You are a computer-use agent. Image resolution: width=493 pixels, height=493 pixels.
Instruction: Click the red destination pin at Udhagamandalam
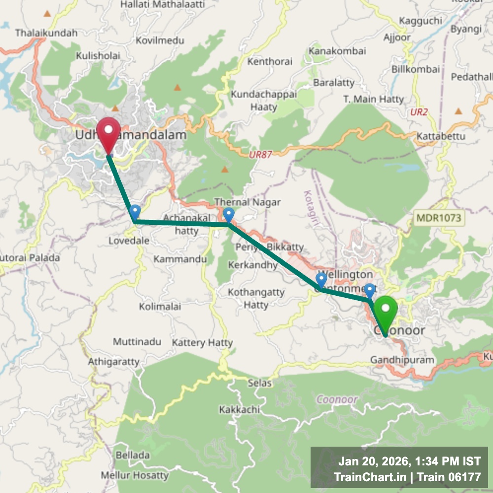click(108, 133)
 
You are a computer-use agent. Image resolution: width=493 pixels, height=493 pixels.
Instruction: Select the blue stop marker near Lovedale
click(135, 212)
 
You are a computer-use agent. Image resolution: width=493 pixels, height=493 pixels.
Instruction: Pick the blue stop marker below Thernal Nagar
click(228, 215)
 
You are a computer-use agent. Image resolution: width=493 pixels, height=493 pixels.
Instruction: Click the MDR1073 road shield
click(438, 217)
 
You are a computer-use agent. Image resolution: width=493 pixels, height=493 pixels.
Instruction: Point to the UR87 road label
click(260, 154)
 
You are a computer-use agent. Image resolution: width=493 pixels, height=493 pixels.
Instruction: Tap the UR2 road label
click(419, 112)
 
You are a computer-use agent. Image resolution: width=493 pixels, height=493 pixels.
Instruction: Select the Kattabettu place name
click(441, 136)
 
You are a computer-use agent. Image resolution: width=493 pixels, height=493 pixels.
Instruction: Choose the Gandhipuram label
click(402, 360)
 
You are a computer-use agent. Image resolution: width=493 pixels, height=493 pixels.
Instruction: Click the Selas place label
click(259, 383)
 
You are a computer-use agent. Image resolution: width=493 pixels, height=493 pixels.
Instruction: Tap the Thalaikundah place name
click(46, 33)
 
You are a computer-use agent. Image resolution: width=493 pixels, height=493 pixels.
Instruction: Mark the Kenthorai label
click(270, 62)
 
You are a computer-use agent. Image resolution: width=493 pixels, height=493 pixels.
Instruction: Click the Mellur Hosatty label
click(134, 476)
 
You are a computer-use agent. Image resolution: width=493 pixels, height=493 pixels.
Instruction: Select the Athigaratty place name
click(113, 362)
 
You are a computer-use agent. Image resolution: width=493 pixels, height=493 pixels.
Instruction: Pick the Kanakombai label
click(337, 51)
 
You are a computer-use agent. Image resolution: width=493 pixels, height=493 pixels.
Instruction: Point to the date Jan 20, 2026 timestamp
click(374, 462)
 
